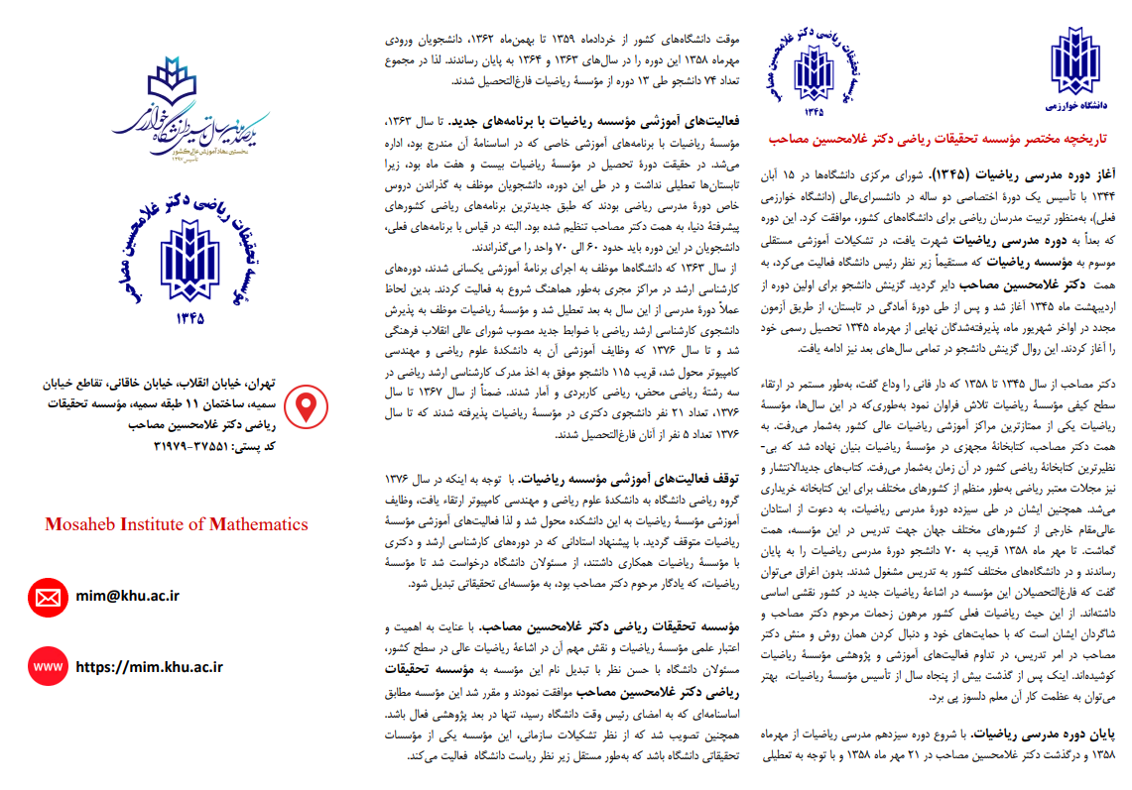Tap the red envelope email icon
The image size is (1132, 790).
click(47, 597)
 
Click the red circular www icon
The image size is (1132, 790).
click(47, 666)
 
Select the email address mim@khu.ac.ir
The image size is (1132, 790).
click(127, 596)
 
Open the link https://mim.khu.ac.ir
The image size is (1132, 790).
click(149, 667)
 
